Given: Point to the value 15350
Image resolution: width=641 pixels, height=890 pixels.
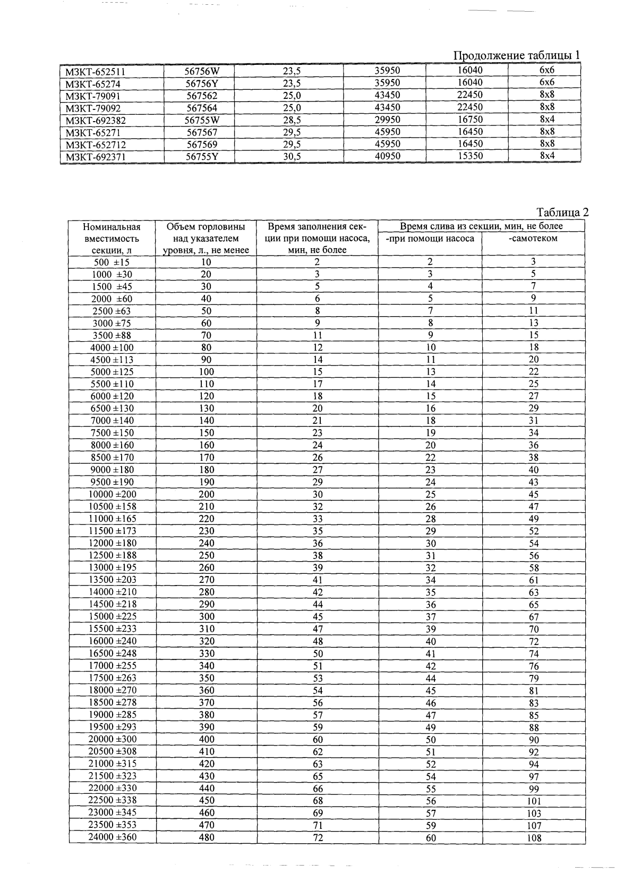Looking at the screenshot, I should [x=470, y=156].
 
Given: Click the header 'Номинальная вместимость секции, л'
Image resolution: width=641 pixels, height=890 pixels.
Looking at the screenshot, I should [x=112, y=239].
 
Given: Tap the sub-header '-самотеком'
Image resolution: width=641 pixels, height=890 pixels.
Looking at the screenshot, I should [x=533, y=239].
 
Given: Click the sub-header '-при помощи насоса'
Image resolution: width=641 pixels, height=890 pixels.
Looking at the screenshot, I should [x=430, y=239].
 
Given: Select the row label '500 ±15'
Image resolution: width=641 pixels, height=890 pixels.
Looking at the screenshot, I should [x=111, y=262].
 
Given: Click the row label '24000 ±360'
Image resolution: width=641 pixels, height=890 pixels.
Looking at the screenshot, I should [x=112, y=837].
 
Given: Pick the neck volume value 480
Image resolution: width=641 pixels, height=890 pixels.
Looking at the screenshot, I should [x=206, y=837].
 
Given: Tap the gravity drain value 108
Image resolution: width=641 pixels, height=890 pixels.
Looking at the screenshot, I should [x=534, y=838].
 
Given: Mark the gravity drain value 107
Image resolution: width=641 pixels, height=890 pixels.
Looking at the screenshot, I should [x=534, y=826].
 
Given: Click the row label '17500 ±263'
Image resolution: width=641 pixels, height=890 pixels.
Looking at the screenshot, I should [x=112, y=678].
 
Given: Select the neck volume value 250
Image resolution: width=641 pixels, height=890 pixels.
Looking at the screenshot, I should [x=206, y=556].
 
